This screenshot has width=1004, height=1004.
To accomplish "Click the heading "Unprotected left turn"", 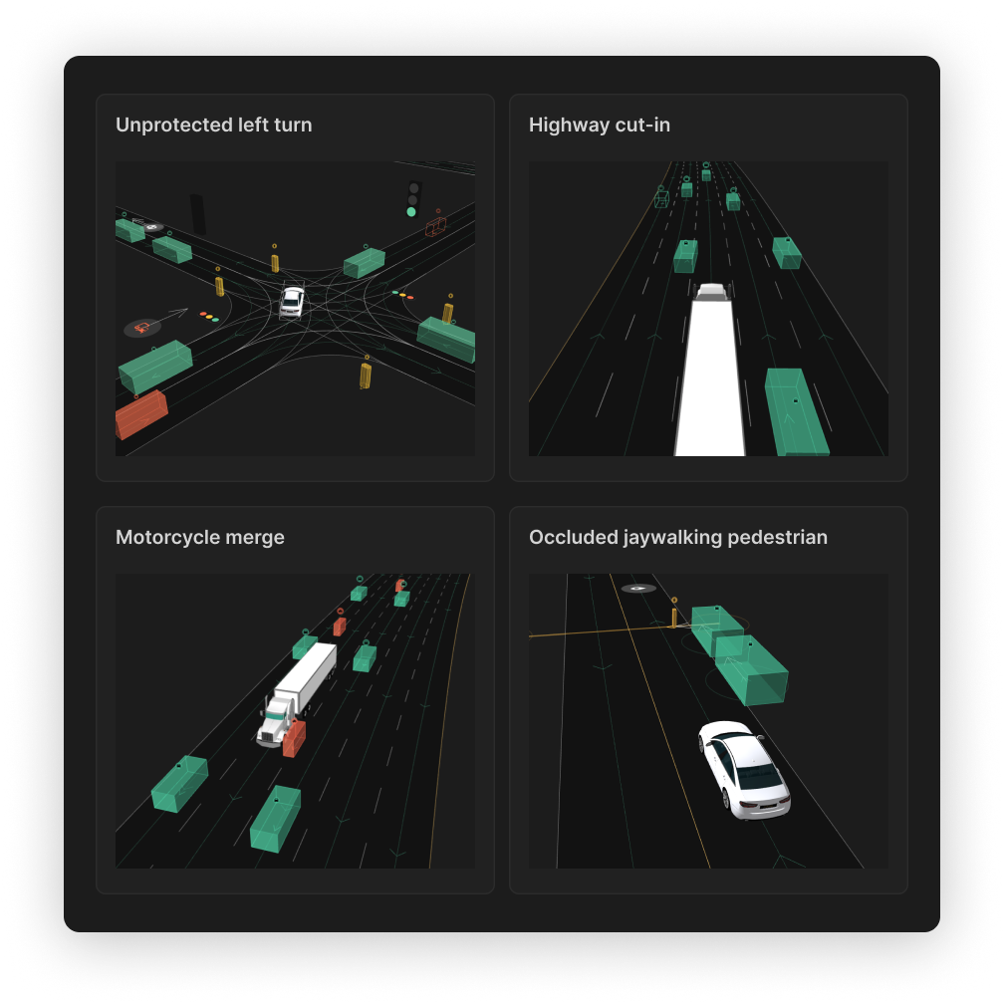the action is pyautogui.click(x=214, y=125).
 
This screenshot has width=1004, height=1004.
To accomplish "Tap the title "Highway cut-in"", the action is pyautogui.click(x=600, y=125).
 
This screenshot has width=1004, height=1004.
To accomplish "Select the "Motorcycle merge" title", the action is pyautogui.click(x=200, y=537).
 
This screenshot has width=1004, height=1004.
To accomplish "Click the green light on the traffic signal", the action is pyautogui.click(x=411, y=212).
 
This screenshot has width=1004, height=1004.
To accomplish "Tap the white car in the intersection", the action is pyautogui.click(x=292, y=302).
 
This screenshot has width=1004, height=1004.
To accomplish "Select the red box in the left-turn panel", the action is pyautogui.click(x=141, y=414).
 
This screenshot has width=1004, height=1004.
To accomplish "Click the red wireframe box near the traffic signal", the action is pyautogui.click(x=436, y=226).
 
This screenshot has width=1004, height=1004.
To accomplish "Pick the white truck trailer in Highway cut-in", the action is pyautogui.click(x=710, y=377).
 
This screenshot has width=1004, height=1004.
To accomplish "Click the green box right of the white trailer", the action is pyautogui.click(x=797, y=411).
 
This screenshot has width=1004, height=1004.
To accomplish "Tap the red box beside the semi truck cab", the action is pyautogui.click(x=294, y=738).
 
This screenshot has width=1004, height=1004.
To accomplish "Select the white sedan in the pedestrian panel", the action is pyautogui.click(x=744, y=770).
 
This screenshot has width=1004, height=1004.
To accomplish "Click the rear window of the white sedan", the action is pyautogui.click(x=760, y=777).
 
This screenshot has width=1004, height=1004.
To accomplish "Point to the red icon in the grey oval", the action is pyautogui.click(x=142, y=328).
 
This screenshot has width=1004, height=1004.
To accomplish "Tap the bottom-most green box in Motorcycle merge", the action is pyautogui.click(x=275, y=819).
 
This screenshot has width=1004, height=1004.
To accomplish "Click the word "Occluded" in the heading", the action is pyautogui.click(x=573, y=537).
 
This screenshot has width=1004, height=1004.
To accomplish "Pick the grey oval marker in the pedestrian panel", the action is pyautogui.click(x=638, y=589).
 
